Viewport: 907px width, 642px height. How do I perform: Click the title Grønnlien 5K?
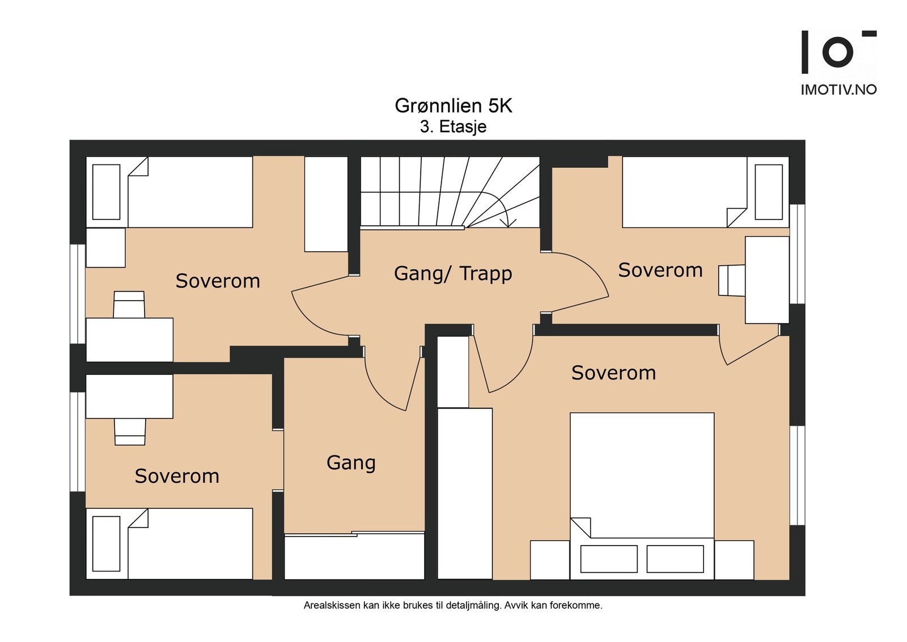click(453, 105)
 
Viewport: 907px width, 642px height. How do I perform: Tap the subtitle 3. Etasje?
click(453, 127)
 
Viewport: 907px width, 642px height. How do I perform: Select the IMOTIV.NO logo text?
click(839, 90)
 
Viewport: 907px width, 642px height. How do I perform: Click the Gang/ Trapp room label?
click(453, 273)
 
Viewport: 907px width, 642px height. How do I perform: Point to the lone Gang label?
click(351, 463)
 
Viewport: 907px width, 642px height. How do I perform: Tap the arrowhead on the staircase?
click(508, 222)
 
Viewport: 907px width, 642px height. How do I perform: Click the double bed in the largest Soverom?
click(642, 496)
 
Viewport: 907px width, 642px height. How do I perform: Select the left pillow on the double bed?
click(609, 559)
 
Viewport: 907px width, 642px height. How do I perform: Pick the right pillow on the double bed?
click(675, 559)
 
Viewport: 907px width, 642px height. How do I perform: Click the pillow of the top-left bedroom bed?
click(106, 192)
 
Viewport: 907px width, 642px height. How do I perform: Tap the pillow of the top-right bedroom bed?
click(769, 192)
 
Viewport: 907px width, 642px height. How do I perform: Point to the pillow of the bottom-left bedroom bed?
click(106, 543)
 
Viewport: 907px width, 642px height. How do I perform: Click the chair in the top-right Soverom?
click(732, 280)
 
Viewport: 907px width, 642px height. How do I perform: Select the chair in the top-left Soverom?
click(129, 305)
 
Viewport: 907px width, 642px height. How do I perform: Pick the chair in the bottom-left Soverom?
click(130, 432)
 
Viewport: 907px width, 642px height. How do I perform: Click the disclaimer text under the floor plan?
click(453, 606)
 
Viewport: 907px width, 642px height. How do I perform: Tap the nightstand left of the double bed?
click(550, 560)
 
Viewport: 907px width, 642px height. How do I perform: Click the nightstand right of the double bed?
click(734, 560)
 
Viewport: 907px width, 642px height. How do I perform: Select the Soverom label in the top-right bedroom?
click(660, 270)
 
